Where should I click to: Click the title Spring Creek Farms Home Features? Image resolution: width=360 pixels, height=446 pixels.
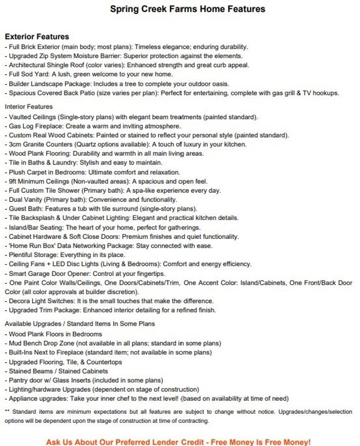(187, 9)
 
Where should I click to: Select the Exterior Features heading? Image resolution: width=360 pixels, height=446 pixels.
(37, 37)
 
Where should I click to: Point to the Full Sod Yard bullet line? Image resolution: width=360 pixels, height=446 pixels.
(89, 75)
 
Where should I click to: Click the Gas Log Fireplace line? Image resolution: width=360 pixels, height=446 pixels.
(94, 126)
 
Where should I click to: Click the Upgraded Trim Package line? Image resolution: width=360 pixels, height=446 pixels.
(110, 310)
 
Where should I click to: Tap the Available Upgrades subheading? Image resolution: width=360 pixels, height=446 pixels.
(80, 324)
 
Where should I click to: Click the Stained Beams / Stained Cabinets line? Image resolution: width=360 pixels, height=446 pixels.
(58, 371)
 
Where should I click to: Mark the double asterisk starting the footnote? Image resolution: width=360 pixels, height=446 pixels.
(7, 412)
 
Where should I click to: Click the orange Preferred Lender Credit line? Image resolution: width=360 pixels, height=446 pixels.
(178, 442)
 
